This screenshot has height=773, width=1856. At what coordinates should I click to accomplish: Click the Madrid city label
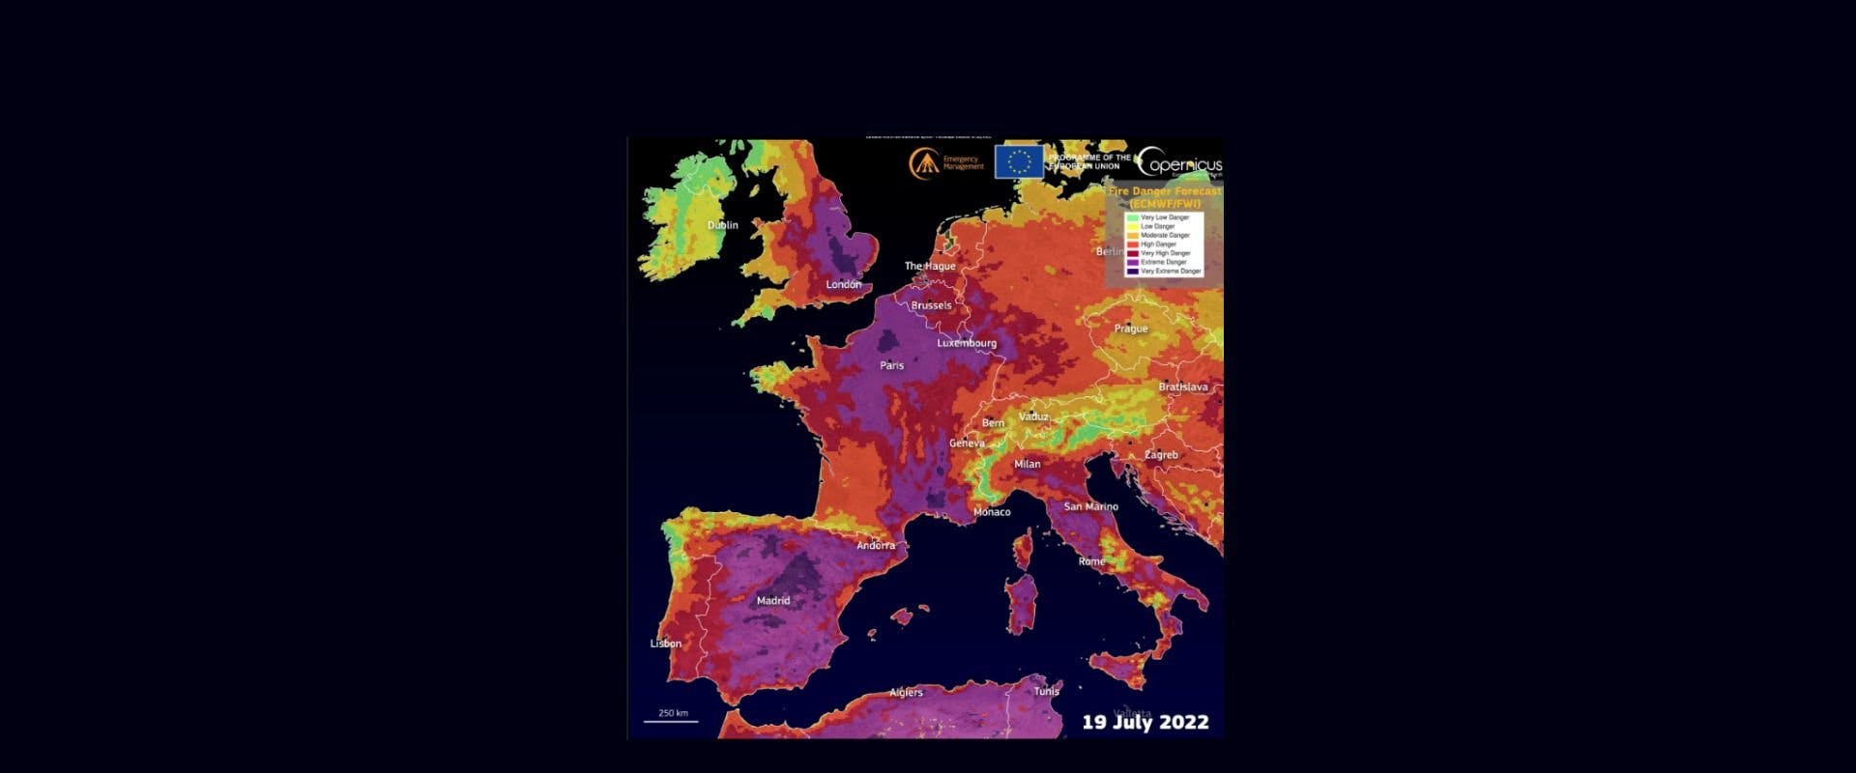772,600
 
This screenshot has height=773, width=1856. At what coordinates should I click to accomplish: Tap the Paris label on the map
891,365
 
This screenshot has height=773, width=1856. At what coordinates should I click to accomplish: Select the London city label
844,284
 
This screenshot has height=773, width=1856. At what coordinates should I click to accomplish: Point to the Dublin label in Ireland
722,225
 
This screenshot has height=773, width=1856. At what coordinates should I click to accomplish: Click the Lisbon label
666,644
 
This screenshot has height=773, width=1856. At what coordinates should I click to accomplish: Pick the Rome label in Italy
1091,561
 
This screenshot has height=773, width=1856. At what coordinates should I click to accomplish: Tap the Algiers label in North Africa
906,692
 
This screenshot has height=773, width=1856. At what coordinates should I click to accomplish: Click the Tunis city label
1047,691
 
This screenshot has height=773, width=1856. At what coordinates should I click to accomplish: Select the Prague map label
1130,329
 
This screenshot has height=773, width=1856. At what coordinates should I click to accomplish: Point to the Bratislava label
1183,386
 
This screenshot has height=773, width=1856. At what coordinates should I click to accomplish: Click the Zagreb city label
1161,454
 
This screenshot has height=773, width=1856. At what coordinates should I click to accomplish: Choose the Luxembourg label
966,343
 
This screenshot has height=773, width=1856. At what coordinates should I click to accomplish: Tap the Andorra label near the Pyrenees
876,545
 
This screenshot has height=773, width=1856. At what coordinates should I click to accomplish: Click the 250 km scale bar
672,717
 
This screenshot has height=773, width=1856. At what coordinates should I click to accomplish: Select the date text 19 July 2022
1145,722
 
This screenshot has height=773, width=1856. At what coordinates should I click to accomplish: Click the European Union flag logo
1019,161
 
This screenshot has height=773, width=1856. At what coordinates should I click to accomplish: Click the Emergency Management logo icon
923,162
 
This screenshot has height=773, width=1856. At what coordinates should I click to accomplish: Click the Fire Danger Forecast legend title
1164,197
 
